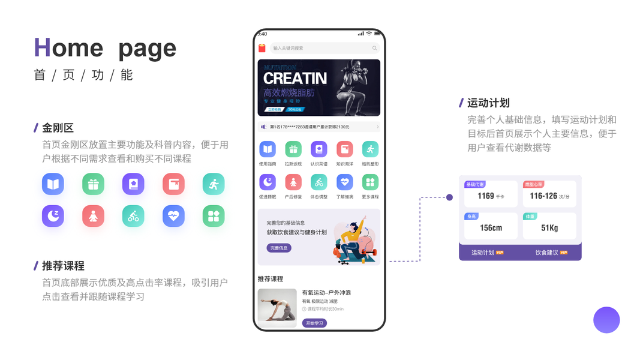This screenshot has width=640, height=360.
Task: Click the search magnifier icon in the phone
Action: [x=375, y=48]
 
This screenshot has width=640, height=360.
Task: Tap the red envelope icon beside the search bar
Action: [x=262, y=48]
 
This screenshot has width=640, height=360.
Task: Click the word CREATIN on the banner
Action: [x=295, y=78]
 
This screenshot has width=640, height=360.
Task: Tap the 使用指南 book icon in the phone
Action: [x=267, y=149]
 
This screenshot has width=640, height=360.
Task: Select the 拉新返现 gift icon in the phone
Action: [x=293, y=149]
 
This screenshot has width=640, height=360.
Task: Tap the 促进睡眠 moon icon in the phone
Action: [x=267, y=182]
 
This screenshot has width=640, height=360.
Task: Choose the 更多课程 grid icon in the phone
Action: [x=370, y=182]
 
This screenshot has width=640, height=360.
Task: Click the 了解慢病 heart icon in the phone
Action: [x=344, y=182]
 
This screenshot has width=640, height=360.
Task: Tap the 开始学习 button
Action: [x=314, y=323]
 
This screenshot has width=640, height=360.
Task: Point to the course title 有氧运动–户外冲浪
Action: [x=326, y=292]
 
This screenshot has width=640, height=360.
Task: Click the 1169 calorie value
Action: [x=486, y=196]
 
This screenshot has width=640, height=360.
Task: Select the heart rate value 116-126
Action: [x=543, y=196]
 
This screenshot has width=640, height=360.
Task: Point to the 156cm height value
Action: [x=491, y=228]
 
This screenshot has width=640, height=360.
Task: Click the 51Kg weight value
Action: [x=549, y=228]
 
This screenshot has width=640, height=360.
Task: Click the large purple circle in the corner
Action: [x=606, y=320]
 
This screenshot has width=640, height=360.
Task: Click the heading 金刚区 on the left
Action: [x=58, y=128]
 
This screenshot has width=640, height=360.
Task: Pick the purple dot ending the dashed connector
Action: [x=449, y=197]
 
